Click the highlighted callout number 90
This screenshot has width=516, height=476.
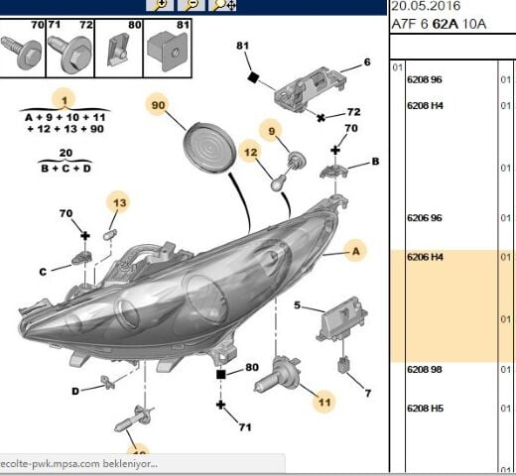pyautogui.click(x=158, y=105)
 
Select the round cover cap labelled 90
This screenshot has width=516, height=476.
pyautogui.click(x=209, y=147)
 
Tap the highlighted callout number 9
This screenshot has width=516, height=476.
pyautogui.click(x=272, y=131)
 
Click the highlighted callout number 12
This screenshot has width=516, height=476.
pyautogui.click(x=250, y=152)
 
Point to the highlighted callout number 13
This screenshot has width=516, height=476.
pyautogui.click(x=119, y=202)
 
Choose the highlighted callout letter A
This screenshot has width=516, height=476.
pyautogui.click(x=356, y=252)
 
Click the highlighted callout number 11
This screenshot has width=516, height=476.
pyautogui.click(x=324, y=402)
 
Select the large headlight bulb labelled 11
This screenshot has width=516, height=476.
pyautogui.click(x=277, y=375)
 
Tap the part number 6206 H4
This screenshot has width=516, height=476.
pyautogui.click(x=425, y=257)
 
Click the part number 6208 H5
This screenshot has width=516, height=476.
pyautogui.click(x=425, y=409)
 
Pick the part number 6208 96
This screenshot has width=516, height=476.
pyautogui.click(x=425, y=79)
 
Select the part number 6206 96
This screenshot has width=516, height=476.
pyautogui.click(x=425, y=218)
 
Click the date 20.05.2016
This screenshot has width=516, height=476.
pyautogui.click(x=426, y=6)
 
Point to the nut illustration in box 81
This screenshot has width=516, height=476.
pyautogui.click(x=167, y=51)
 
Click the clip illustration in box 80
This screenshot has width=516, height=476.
pyautogui.click(x=118, y=50)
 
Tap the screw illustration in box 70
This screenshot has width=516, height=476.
pyautogui.click(x=22, y=53)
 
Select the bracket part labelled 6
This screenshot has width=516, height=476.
pyautogui.click(x=311, y=88)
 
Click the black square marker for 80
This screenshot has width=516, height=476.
pyautogui.click(x=221, y=375)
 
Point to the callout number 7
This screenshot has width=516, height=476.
pyautogui.click(x=368, y=393)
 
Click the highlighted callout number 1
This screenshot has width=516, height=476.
pyautogui.click(x=64, y=100)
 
